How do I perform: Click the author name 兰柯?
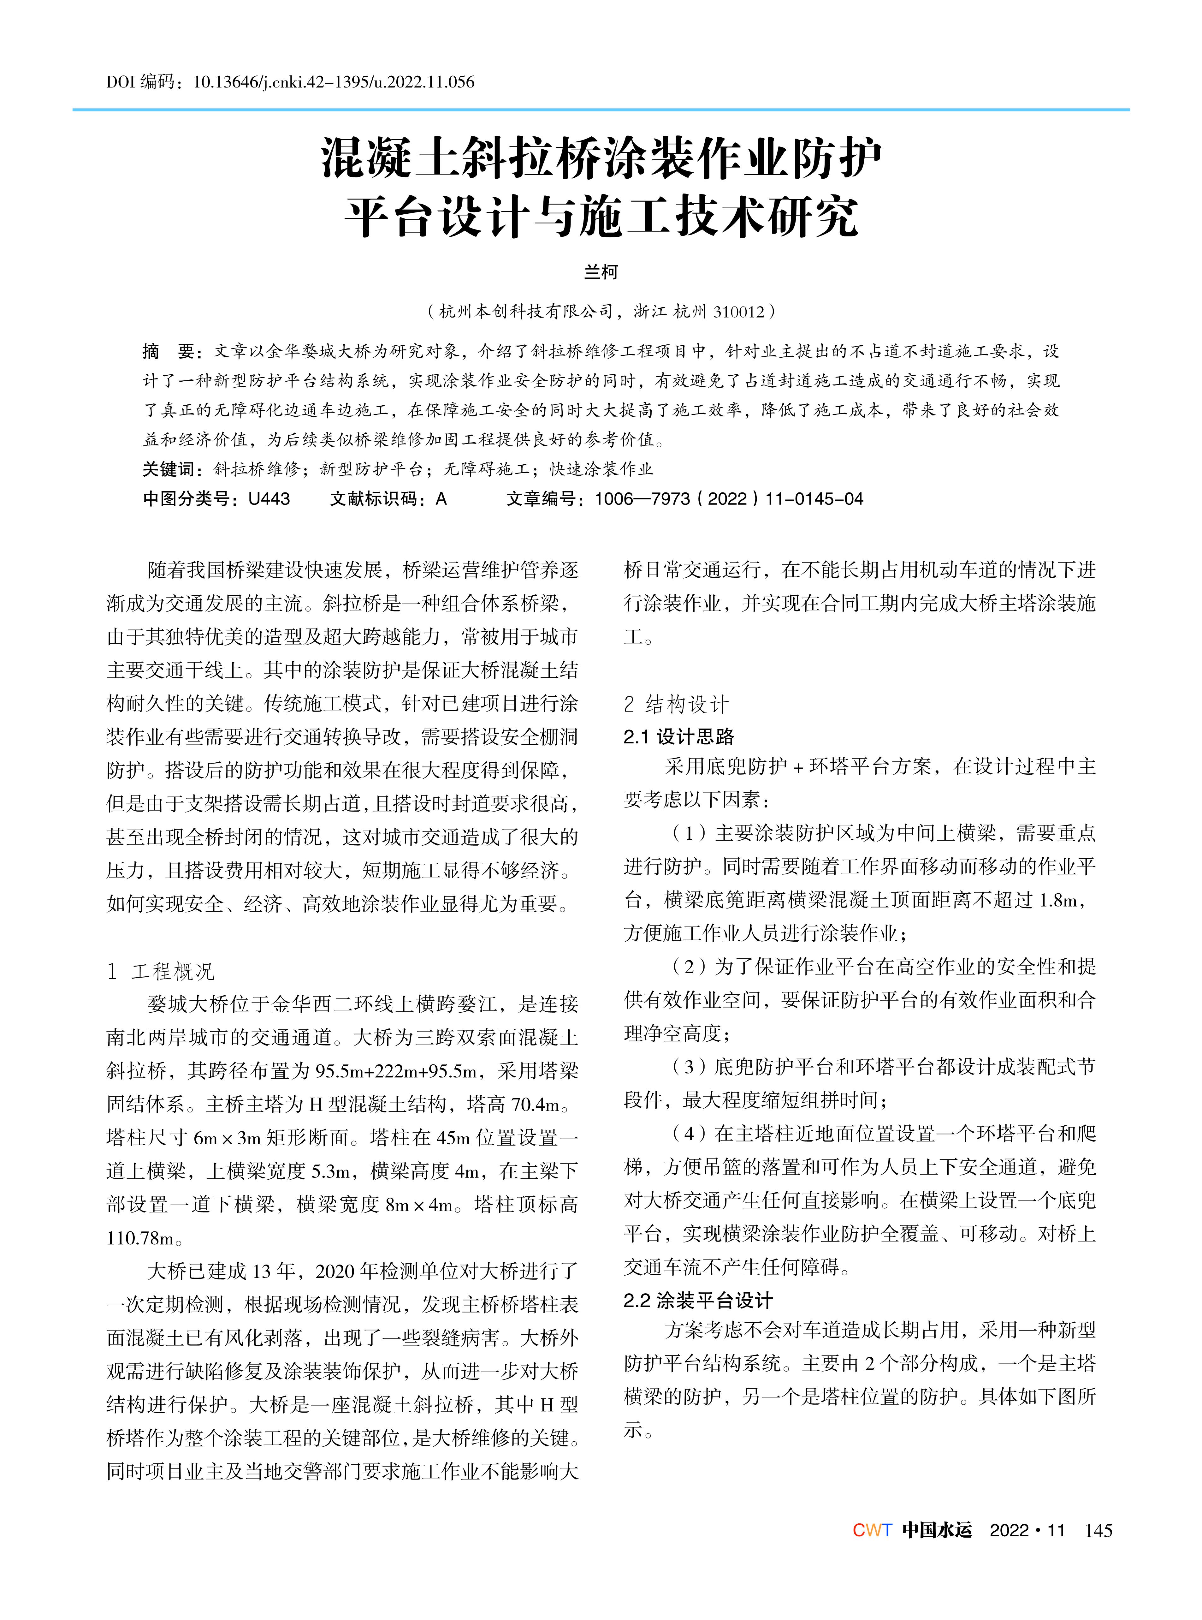[601, 272]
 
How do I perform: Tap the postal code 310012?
[738, 312]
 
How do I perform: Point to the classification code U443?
[269, 499]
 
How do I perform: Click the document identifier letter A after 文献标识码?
[441, 499]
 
